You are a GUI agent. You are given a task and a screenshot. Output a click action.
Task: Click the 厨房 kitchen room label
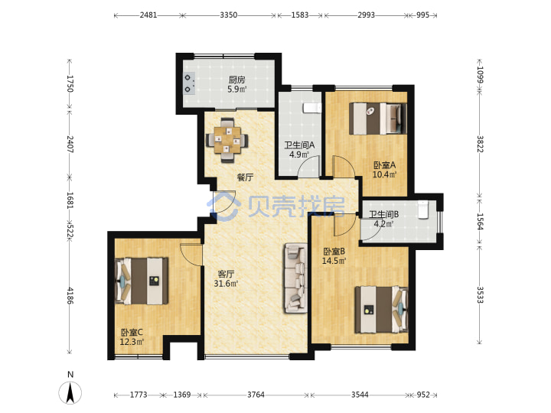[236, 80]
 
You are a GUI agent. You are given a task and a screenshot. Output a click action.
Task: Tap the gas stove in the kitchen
[188, 83]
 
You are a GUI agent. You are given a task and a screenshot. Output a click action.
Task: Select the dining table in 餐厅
[227, 141]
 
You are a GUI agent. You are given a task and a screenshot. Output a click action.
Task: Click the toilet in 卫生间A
[312, 108]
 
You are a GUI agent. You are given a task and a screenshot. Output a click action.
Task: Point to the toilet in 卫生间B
[423, 210]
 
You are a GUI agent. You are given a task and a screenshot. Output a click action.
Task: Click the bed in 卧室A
[378, 119]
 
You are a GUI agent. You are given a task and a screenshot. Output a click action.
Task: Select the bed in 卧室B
[381, 310]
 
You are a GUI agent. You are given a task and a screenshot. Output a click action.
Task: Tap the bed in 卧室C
[142, 281]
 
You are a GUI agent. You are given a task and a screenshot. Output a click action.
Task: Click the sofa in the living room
[296, 278]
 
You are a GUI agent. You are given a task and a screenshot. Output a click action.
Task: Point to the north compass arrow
[70, 392]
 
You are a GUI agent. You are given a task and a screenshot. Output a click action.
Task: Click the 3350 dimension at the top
[228, 15]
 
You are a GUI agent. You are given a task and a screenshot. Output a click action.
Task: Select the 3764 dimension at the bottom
[256, 395]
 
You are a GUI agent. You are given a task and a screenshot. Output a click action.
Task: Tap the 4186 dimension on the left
[70, 296]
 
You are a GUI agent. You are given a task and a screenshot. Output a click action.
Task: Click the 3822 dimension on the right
[481, 144]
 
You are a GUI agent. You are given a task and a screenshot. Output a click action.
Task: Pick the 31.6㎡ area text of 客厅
[226, 283]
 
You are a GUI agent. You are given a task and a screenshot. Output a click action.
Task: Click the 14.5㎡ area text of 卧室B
[334, 261]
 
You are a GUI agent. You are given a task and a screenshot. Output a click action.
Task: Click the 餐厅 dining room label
[245, 177]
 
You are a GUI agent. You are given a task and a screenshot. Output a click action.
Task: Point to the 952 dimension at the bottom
[423, 395]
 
